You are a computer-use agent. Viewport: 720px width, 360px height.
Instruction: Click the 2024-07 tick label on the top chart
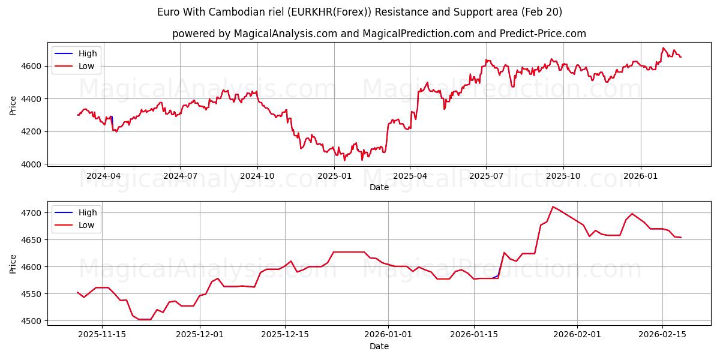click(x=180, y=176)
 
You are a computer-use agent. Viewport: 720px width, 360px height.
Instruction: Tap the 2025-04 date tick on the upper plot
click(x=410, y=176)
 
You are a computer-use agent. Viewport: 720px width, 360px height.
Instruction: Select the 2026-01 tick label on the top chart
click(x=640, y=176)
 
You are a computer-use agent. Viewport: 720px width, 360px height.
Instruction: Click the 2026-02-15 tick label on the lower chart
click(x=662, y=335)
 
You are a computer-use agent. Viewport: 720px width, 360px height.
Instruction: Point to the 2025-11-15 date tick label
click(x=102, y=335)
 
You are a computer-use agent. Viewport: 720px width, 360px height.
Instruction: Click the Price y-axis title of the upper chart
click(x=13, y=105)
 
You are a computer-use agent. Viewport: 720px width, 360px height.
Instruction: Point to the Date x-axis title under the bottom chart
click(x=379, y=346)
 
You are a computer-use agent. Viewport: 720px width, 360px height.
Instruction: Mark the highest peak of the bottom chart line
click(x=553, y=207)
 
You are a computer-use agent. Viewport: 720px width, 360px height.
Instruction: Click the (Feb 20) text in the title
click(x=542, y=12)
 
